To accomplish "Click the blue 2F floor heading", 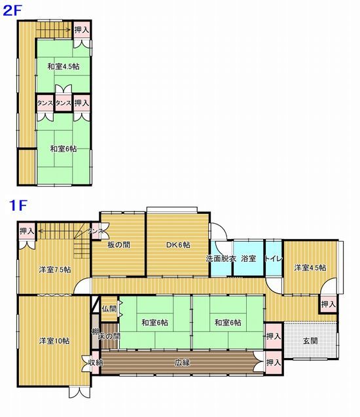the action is click(x=12, y=11).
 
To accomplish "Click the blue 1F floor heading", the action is click(x=18, y=206).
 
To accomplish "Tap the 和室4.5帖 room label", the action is click(x=63, y=67).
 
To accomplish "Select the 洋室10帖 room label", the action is click(x=54, y=341).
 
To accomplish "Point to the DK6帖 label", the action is click(x=178, y=245).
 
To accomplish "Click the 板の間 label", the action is click(x=119, y=245).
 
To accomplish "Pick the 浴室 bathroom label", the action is click(x=249, y=258).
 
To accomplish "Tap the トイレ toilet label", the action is click(x=273, y=258).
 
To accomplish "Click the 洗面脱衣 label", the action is click(x=221, y=259).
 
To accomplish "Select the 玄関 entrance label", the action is click(x=310, y=340).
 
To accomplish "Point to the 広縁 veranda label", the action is click(x=183, y=362).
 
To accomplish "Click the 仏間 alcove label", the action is click(x=109, y=309).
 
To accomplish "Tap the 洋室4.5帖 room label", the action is click(x=310, y=268).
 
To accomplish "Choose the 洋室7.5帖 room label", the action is click(x=55, y=270).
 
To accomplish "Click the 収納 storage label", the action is click(x=96, y=363).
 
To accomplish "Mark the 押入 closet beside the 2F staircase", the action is click(x=82, y=30).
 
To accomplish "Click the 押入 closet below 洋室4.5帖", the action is click(x=329, y=304).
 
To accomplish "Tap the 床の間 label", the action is click(x=109, y=336).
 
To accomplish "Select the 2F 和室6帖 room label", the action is click(x=63, y=149).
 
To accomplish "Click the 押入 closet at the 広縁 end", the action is click(x=274, y=362).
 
